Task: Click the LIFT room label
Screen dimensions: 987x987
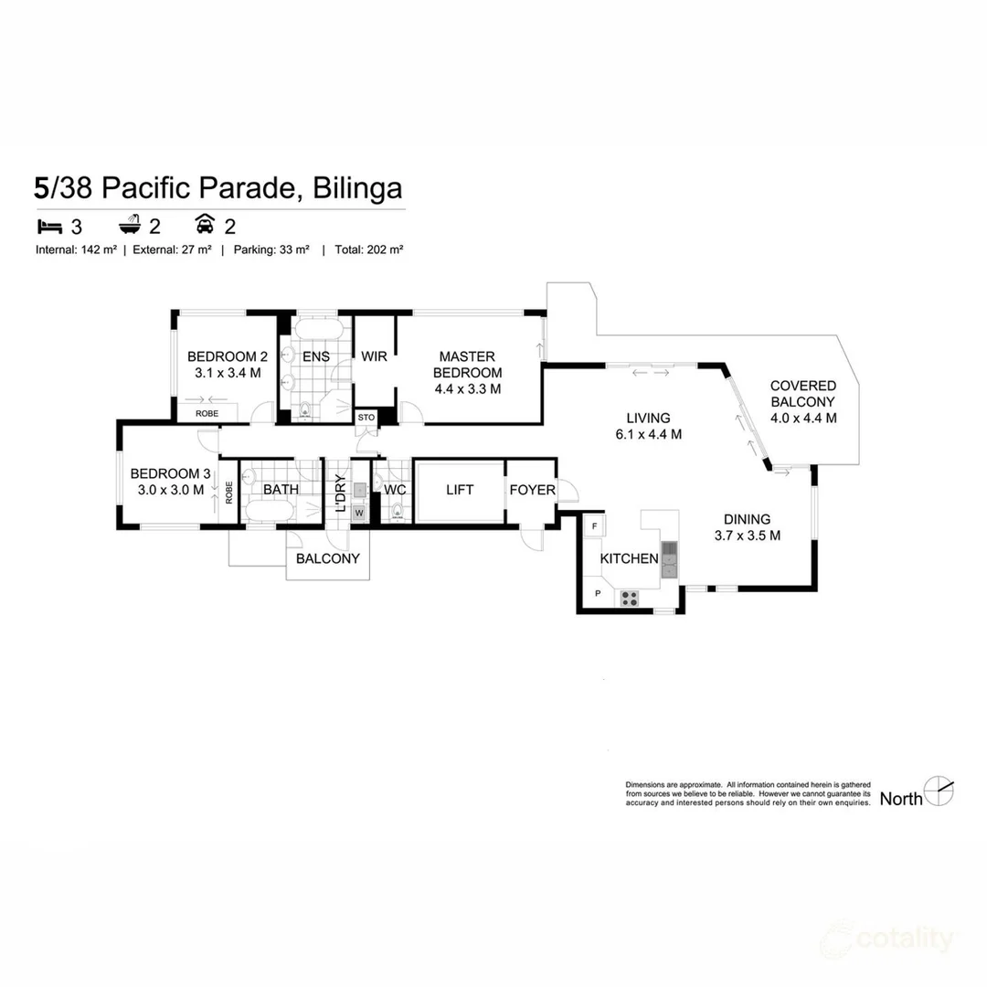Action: point(460,490)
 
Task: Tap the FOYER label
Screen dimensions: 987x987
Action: point(533,490)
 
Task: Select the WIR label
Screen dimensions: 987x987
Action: point(374,356)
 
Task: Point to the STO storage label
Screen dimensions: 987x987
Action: point(366,418)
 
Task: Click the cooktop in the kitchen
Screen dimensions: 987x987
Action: point(630,599)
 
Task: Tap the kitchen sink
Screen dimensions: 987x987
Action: point(669,559)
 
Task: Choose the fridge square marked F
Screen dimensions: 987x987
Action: point(594,526)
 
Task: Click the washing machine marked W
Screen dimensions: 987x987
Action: point(359,513)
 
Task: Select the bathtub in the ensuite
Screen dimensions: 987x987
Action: point(319,329)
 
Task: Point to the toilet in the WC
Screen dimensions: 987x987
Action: point(398,513)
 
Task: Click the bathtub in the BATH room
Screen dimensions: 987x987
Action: point(270,511)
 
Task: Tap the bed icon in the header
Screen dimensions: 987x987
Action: point(49,226)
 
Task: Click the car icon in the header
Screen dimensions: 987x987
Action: point(205,224)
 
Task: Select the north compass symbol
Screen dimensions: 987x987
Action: point(939,791)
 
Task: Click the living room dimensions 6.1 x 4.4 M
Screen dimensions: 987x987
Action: point(648,434)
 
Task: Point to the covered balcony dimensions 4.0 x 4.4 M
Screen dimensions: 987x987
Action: point(804,418)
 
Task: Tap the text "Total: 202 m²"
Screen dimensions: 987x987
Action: point(369,249)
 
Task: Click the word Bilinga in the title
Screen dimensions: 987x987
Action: point(357,187)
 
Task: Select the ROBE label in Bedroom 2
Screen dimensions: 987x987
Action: point(207,414)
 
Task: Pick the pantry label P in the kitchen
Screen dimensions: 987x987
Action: point(598,594)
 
